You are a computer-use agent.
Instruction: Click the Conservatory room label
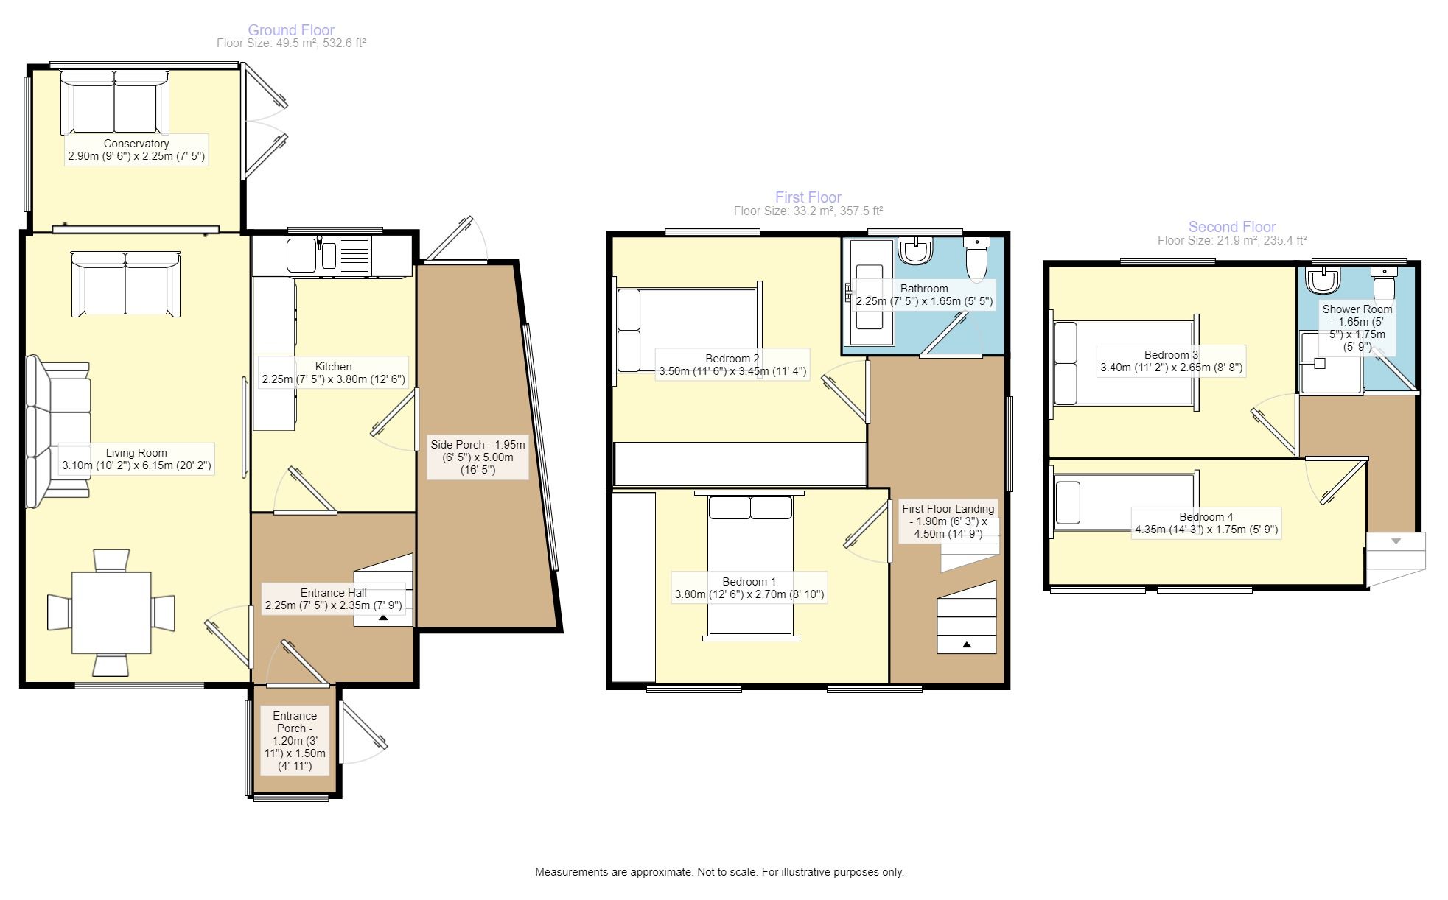pos(136,150)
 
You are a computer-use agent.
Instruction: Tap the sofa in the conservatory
pos(114,102)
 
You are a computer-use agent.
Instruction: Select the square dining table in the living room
pos(111,613)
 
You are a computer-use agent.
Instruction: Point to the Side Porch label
pos(478,457)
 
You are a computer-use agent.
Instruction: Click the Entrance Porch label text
pos(295,741)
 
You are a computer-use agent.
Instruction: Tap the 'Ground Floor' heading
pos(291,30)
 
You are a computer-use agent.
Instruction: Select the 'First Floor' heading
pos(808,197)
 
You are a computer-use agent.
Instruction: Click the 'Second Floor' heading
pos(1232,227)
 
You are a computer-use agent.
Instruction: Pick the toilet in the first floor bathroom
pos(977,260)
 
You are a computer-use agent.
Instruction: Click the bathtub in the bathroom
pos(869,293)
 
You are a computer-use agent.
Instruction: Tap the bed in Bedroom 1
pos(751,566)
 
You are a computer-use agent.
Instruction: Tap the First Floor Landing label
pos(948,521)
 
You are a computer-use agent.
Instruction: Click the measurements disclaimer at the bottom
pos(719,872)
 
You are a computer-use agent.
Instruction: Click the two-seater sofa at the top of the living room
pos(125,285)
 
